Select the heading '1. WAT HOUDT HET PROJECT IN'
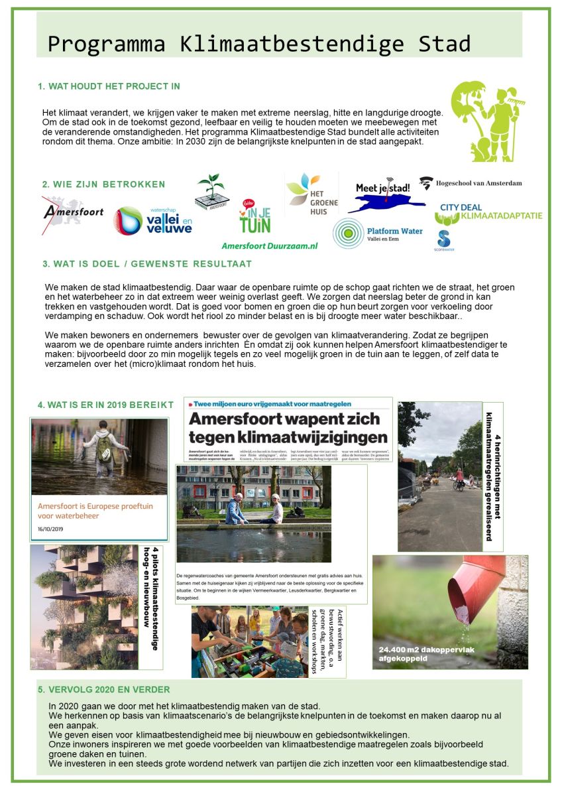point(109,86)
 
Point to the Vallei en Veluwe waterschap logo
point(153,220)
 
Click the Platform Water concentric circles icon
point(348,233)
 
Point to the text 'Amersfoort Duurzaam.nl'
point(270,245)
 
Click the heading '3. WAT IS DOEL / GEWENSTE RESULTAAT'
point(147,263)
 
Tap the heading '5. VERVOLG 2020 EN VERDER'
point(104,689)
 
